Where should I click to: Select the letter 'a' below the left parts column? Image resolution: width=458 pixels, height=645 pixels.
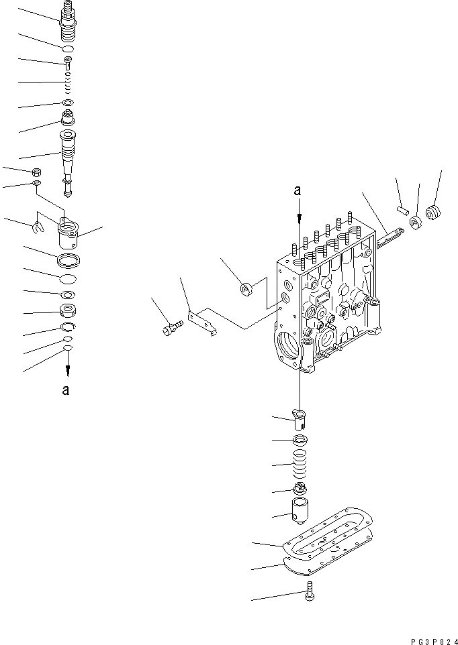click(x=65, y=391)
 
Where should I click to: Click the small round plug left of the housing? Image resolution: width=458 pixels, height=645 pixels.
click(x=245, y=289)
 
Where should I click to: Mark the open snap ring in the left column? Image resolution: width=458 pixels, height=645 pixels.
click(x=68, y=327)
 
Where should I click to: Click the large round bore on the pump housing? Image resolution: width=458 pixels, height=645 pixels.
click(x=290, y=347)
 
